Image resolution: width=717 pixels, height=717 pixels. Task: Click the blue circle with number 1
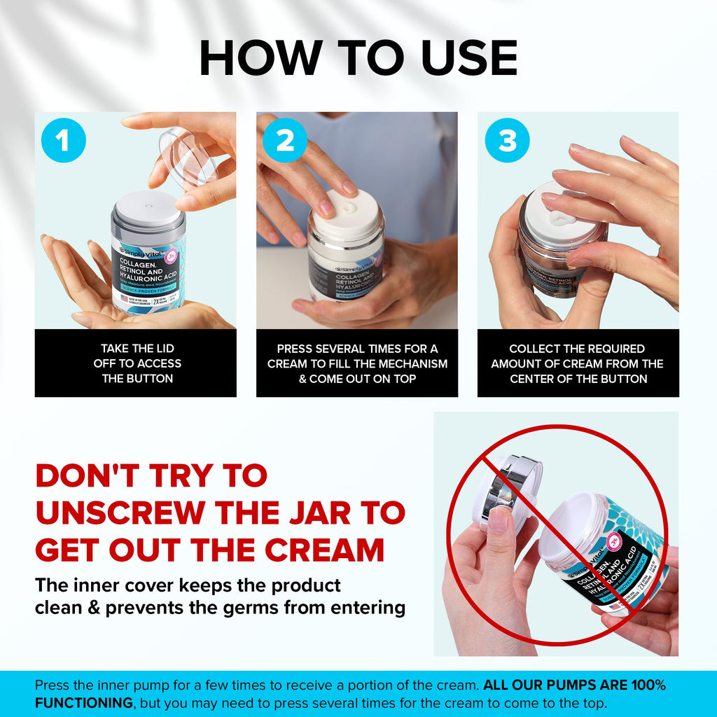pos(64,141)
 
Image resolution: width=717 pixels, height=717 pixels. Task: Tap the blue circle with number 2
pos(285,141)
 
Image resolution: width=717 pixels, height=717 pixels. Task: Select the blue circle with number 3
pos(507,141)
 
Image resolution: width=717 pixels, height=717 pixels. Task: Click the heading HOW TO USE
pos(358,58)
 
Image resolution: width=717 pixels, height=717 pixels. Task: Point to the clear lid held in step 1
pos(187,158)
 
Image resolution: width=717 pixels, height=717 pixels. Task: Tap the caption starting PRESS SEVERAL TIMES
pos(357,363)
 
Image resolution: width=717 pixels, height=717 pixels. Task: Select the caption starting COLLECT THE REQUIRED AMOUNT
pos(578,363)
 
